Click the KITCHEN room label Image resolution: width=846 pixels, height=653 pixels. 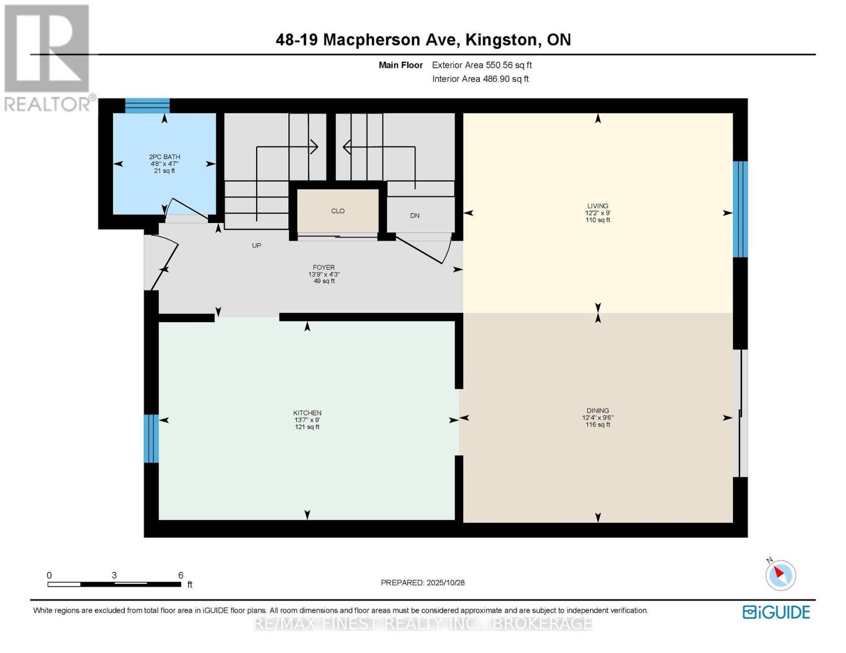[x=307, y=413]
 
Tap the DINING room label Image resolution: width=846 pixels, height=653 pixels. [x=598, y=411]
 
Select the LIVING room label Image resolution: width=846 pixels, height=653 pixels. [x=598, y=206]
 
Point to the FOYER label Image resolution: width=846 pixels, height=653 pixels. [x=324, y=267]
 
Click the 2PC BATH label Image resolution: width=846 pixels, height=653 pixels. [x=165, y=157]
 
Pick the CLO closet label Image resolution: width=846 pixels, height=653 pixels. [x=338, y=211]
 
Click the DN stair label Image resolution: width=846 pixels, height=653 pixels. [x=415, y=215]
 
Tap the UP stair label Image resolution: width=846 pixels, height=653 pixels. [x=257, y=245]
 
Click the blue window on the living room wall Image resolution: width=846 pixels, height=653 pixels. [x=740, y=209]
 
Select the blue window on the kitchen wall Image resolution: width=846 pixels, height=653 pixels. [x=151, y=439]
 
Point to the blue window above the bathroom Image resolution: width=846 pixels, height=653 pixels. [x=147, y=106]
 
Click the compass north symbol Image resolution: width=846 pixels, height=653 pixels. [x=780, y=575]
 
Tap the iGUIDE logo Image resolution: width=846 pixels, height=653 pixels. [x=776, y=612]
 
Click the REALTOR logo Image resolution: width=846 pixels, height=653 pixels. [x=47, y=57]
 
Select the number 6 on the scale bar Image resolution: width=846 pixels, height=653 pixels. [x=180, y=575]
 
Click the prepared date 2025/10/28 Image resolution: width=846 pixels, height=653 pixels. [x=446, y=583]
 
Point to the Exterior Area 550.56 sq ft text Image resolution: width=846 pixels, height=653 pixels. [x=482, y=65]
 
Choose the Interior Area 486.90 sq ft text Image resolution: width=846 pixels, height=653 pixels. [x=480, y=79]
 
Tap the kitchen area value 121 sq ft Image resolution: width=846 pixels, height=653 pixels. [x=307, y=427]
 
